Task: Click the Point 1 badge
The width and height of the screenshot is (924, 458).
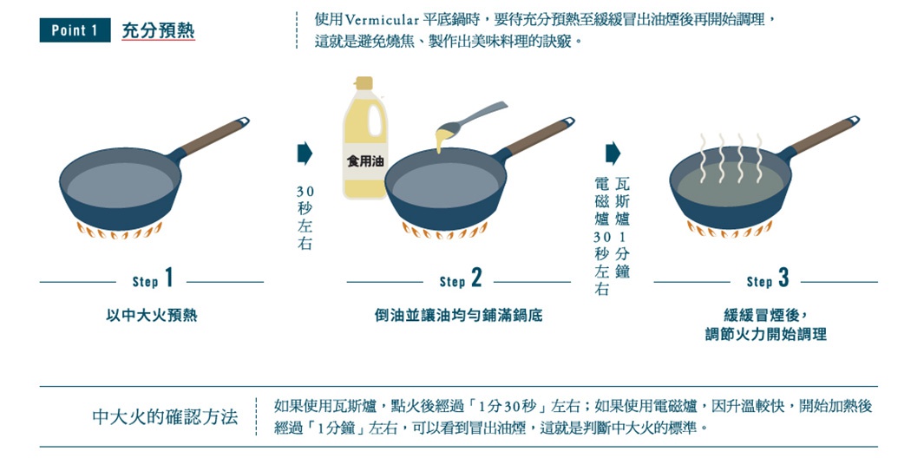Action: coord(75,30)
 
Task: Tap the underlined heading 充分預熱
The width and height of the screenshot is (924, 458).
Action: coord(158,31)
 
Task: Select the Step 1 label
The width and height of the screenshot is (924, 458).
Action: coord(153,280)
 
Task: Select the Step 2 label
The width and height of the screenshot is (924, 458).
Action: coord(460,280)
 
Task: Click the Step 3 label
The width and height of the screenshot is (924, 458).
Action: coord(767,280)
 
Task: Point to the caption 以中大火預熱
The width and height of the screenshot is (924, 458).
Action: coord(152,316)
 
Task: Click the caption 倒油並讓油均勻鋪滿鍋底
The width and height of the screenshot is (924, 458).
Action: coord(459,316)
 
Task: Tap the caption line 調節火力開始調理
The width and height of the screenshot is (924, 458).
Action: coord(765,334)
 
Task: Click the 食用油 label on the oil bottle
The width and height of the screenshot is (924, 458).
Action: coord(364,161)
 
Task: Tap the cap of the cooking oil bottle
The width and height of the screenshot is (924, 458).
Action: coord(364,84)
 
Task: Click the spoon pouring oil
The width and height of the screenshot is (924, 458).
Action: coord(475,119)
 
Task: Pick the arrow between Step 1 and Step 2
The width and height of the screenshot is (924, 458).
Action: coord(304,154)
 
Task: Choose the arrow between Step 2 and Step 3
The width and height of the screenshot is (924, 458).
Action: coord(613,154)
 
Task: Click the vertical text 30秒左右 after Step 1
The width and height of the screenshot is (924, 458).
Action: coord(305,217)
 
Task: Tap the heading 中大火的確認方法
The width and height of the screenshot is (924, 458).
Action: coord(165,417)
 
